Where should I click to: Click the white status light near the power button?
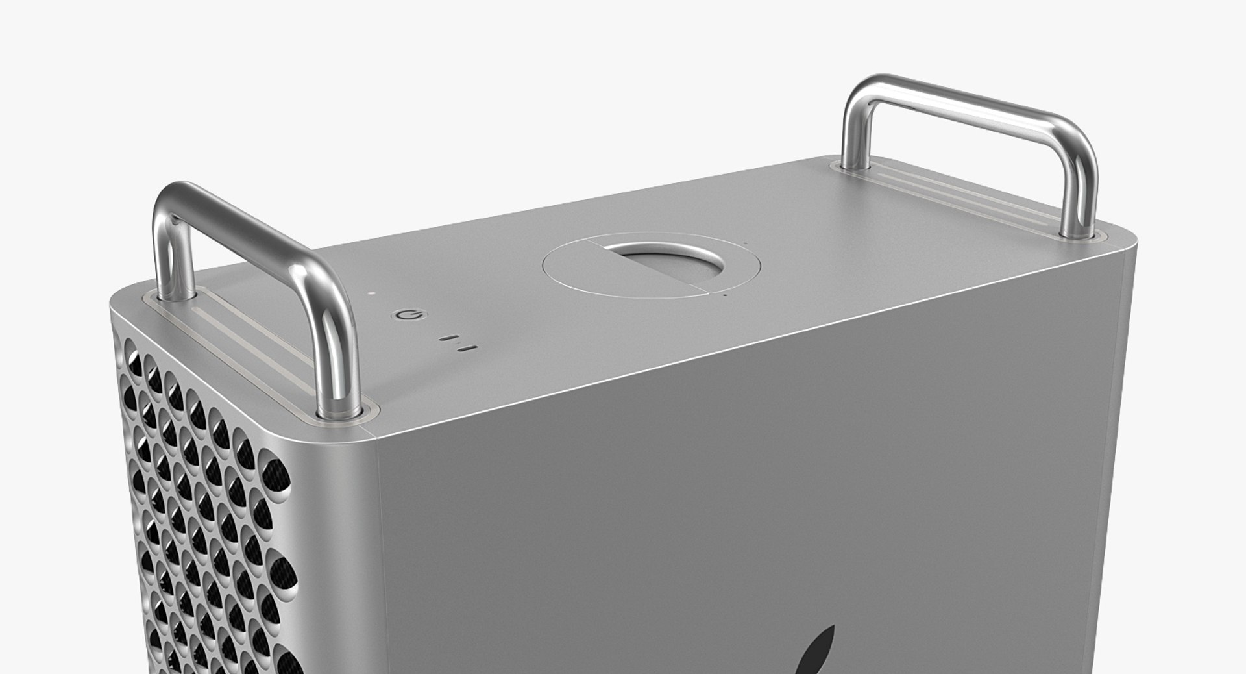pyautogui.click(x=371, y=293)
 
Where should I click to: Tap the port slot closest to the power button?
pyautogui.click(x=446, y=338)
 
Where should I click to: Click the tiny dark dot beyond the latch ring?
pyautogui.click(x=746, y=245)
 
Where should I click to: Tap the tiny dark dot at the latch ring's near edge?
pyautogui.click(x=725, y=293)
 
